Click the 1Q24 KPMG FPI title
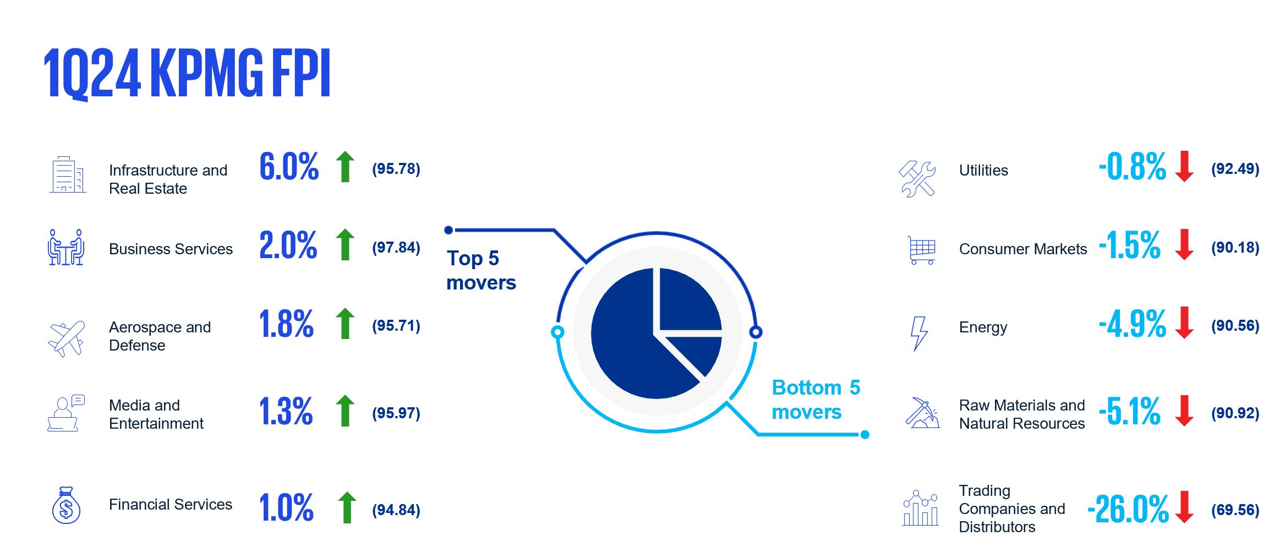187,74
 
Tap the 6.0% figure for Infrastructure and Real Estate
289,167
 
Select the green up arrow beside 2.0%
346,244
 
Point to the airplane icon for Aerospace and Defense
67,338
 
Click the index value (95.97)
396,413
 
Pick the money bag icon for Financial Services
66,505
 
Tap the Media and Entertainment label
156,414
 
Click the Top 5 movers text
481,270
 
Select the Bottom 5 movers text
816,400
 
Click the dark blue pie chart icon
656,333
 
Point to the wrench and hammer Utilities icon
917,179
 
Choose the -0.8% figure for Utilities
1132,167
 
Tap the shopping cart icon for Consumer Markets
922,250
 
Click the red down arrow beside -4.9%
1184,323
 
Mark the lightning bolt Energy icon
918,334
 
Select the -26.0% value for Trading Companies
1128,509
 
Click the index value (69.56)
1235,510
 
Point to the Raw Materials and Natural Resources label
1022,414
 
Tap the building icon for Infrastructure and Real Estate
68,174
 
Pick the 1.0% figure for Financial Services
286,507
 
